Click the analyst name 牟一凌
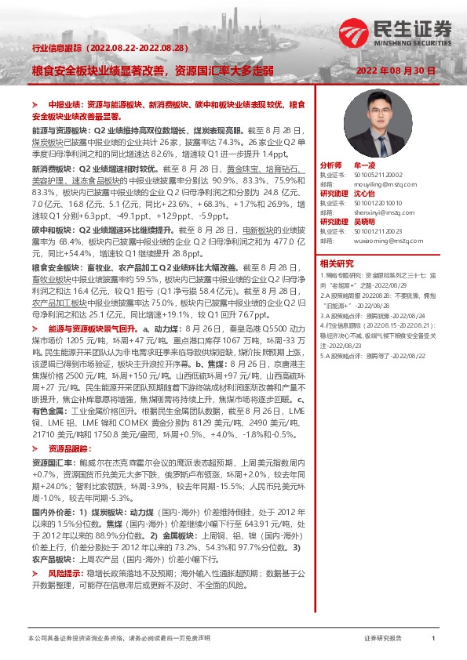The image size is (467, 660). point(366,165)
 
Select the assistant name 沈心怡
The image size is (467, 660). point(366,193)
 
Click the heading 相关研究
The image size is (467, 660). point(337,264)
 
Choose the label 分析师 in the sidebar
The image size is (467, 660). point(331,165)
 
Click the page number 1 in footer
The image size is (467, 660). point(432,639)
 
